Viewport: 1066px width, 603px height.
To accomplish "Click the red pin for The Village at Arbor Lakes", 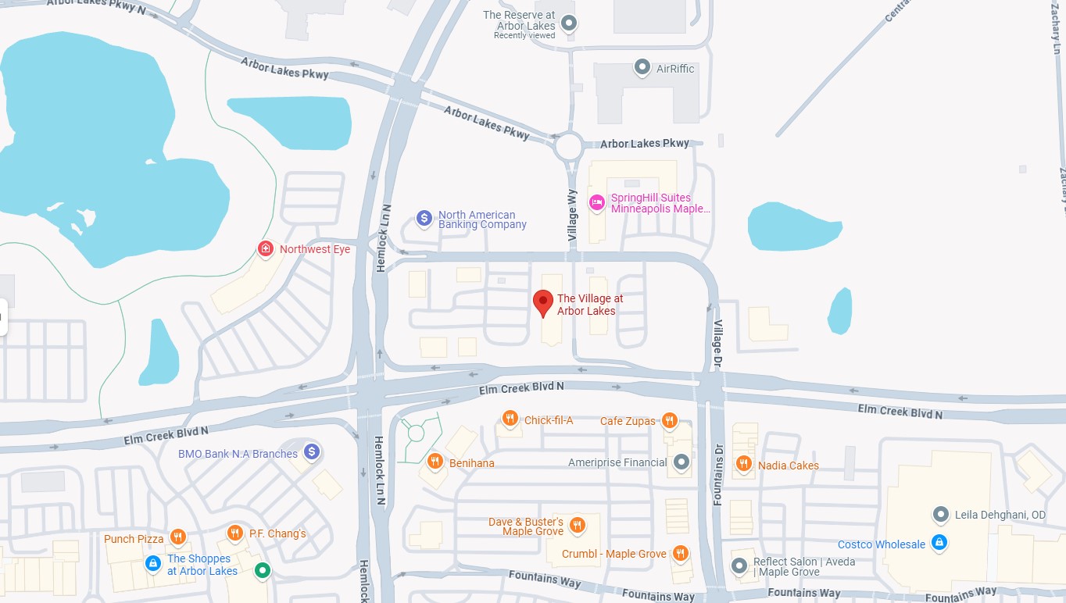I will pyautogui.click(x=543, y=301).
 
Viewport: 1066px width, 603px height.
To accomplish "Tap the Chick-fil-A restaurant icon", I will pyautogui.click(x=510, y=419).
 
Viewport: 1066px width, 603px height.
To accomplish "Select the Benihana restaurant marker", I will pyautogui.click(x=435, y=461).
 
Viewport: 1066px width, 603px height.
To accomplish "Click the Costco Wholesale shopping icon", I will pyautogui.click(x=939, y=542).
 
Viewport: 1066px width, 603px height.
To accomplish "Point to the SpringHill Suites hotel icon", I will pyautogui.click(x=597, y=202).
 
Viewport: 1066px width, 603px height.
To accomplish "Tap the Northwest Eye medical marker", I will pyautogui.click(x=266, y=248).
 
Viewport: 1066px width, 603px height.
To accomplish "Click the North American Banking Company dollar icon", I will pyautogui.click(x=424, y=218).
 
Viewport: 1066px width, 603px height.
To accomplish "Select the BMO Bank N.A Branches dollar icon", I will pyautogui.click(x=312, y=451).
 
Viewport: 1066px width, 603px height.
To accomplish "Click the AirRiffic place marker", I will pyautogui.click(x=642, y=67).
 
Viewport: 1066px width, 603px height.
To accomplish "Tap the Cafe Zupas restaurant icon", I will pyautogui.click(x=669, y=420).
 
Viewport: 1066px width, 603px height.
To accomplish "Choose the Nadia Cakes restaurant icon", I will pyautogui.click(x=743, y=463).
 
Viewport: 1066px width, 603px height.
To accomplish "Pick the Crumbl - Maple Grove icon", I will pyautogui.click(x=681, y=552).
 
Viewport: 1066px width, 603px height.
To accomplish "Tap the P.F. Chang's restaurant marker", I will pyautogui.click(x=234, y=533).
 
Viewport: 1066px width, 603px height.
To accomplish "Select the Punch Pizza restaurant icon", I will pyautogui.click(x=178, y=537).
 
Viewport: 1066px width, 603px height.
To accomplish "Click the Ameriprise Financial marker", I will pyautogui.click(x=681, y=462).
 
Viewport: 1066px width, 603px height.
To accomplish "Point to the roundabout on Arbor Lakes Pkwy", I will pyautogui.click(x=568, y=145).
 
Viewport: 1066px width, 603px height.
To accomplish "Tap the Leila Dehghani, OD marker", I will pyautogui.click(x=941, y=514).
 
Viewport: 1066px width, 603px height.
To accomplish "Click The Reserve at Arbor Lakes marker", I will pyautogui.click(x=570, y=23).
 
